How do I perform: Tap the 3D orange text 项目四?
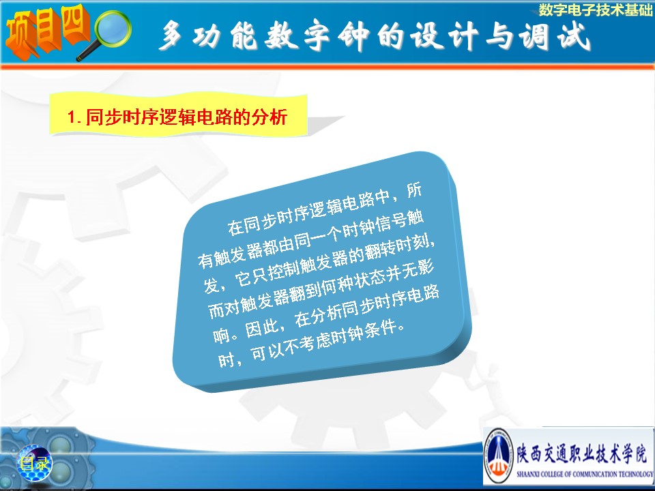tap(47, 32)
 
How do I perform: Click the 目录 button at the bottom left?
tap(35, 463)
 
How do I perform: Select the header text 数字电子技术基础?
tap(595, 10)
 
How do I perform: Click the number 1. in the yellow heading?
tap(74, 117)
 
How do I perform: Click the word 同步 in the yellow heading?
tap(104, 117)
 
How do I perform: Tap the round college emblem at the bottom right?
tap(498, 456)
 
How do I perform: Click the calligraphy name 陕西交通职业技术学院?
tap(582, 453)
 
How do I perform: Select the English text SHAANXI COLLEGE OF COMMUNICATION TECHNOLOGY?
tap(585, 474)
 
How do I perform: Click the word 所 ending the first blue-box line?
tap(413, 192)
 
